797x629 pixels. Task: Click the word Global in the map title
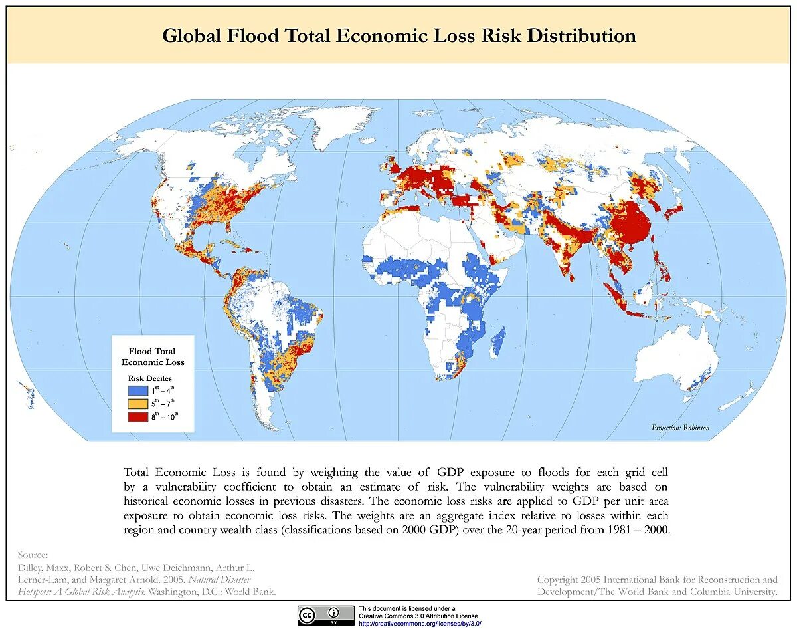coord(191,36)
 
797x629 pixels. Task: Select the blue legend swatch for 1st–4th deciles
coord(137,391)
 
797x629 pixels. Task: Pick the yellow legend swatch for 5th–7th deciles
coord(137,404)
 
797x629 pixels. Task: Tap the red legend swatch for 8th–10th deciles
coord(137,417)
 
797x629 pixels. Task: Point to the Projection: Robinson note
coord(680,428)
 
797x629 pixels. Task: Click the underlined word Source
coord(33,555)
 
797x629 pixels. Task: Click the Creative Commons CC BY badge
coord(325,615)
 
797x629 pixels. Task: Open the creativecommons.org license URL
coord(419,623)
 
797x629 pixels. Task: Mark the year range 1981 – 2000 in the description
coord(637,530)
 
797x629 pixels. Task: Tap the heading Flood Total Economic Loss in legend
coord(153,356)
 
